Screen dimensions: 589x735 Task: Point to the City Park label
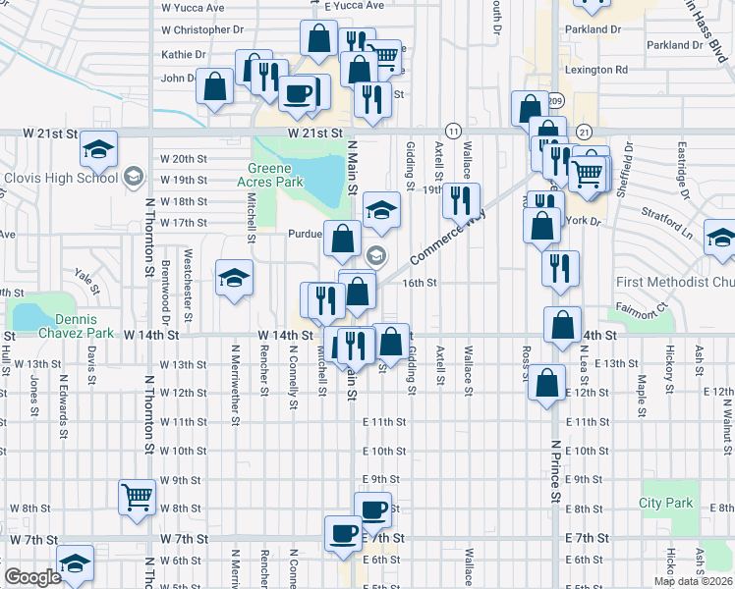tap(665, 504)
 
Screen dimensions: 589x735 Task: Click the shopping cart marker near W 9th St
tap(137, 497)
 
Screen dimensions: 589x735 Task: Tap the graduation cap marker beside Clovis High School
tap(97, 149)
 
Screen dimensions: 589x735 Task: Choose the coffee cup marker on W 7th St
tap(344, 533)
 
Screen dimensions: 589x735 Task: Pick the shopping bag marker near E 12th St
tap(547, 383)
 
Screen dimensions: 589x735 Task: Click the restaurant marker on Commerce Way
tap(460, 200)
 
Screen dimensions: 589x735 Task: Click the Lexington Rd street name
tap(596, 70)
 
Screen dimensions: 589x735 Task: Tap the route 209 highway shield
tap(556, 101)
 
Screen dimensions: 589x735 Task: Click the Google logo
tap(33, 578)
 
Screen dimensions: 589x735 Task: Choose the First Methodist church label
tap(674, 283)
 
